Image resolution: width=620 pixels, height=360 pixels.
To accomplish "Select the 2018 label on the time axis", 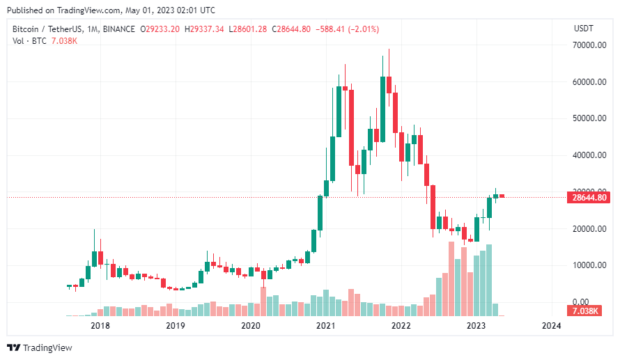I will click(100, 325).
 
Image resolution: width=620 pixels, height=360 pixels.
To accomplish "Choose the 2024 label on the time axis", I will click(551, 325).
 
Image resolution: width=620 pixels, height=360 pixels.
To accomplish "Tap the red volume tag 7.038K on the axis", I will click(584, 311).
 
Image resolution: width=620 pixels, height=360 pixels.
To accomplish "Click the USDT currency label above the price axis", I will click(582, 29).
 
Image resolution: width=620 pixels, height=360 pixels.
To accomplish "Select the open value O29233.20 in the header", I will click(160, 29).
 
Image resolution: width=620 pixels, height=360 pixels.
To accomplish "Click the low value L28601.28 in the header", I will click(248, 29).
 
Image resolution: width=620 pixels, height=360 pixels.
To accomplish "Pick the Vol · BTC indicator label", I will click(29, 41).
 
